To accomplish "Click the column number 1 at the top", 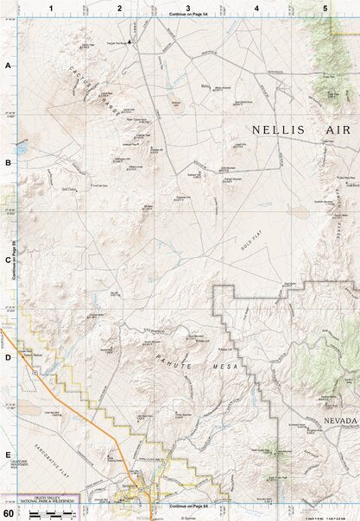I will (x=51, y=8).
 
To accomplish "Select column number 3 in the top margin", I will (x=188, y=8).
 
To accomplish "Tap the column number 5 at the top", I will (x=325, y=8).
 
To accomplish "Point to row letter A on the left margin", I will (x=8, y=66).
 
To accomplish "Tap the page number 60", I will (x=9, y=513).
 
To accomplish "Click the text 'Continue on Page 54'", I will (x=188, y=15).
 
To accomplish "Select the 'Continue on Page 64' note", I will (x=188, y=506).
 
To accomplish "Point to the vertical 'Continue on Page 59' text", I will (x=16, y=260).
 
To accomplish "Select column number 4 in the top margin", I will (x=256, y=8).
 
